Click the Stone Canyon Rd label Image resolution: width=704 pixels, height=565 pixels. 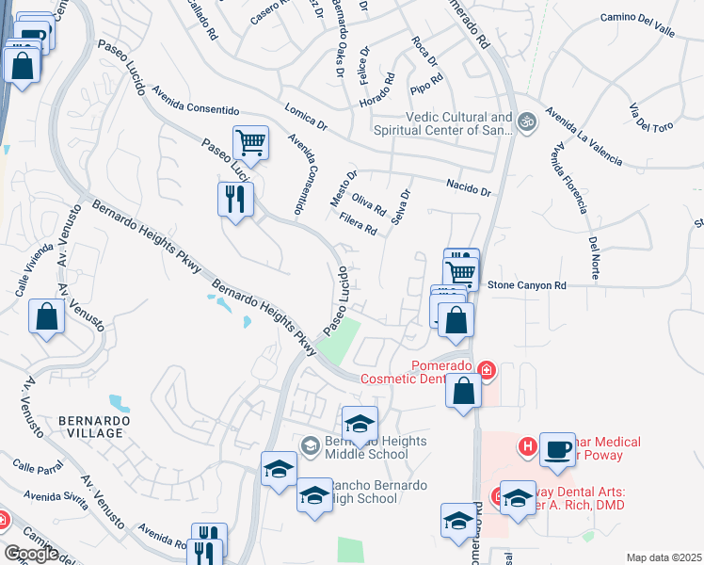tap(526, 284)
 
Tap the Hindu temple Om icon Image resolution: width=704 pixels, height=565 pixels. tap(526, 121)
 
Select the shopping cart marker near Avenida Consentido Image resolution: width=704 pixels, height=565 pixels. tap(250, 143)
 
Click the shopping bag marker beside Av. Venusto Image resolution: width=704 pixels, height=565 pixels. tap(47, 317)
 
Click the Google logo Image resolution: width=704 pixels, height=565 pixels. tap(30, 554)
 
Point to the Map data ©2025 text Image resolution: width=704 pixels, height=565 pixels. tap(664, 557)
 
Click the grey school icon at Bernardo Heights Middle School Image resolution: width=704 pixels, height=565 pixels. tap(310, 444)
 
